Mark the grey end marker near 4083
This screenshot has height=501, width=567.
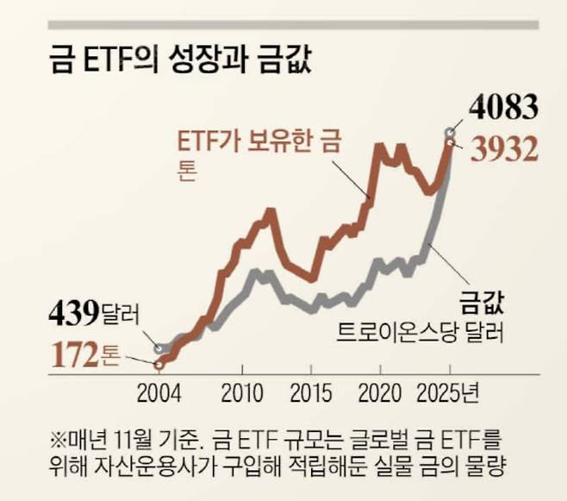[448, 131]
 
